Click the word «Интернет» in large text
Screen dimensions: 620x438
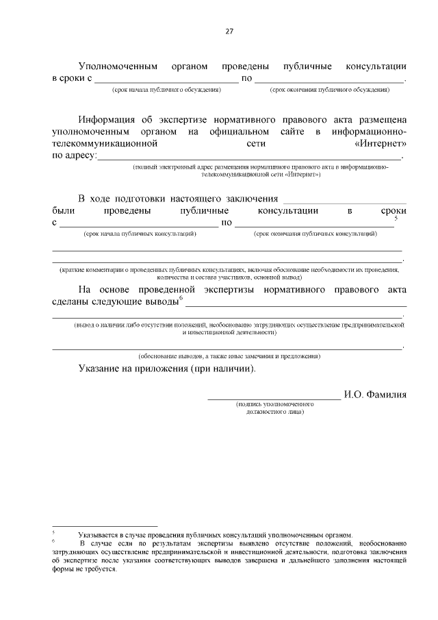point(381,145)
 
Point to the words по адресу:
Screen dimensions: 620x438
point(75,156)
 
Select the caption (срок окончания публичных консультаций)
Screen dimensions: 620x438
point(315,234)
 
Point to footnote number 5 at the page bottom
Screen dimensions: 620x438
point(53,533)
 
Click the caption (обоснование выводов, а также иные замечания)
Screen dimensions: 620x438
point(229,356)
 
